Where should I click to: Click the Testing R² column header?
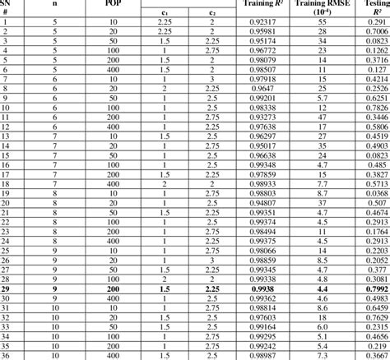pos(374,7)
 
